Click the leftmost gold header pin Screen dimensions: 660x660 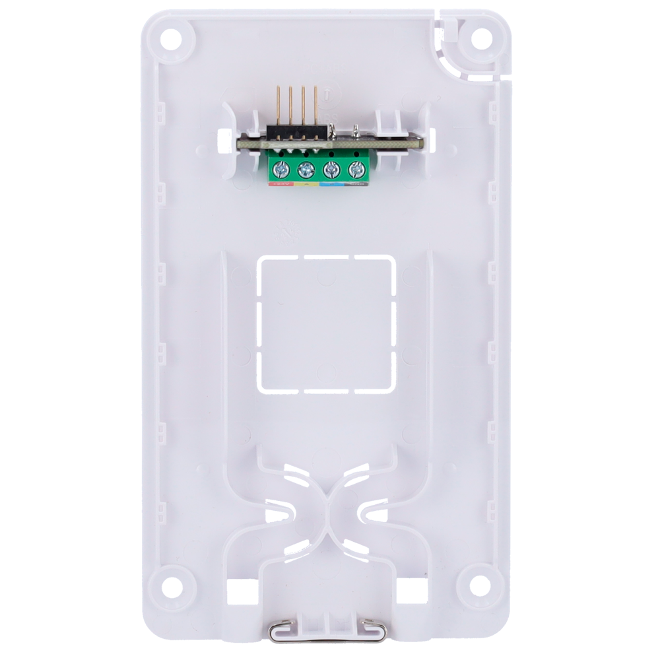click(278, 106)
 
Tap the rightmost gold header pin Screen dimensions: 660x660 click(315, 106)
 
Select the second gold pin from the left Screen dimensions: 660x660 click(290, 106)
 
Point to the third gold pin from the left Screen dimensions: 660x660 click(303, 106)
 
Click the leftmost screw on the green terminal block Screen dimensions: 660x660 click(281, 171)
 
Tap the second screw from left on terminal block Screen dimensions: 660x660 click(306, 171)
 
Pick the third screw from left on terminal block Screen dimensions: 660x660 click(331, 171)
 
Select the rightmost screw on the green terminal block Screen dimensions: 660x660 click(356, 171)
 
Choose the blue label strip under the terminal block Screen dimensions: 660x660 click(331, 185)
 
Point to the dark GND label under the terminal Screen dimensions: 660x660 click(356, 185)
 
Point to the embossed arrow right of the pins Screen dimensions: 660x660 click(328, 95)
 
